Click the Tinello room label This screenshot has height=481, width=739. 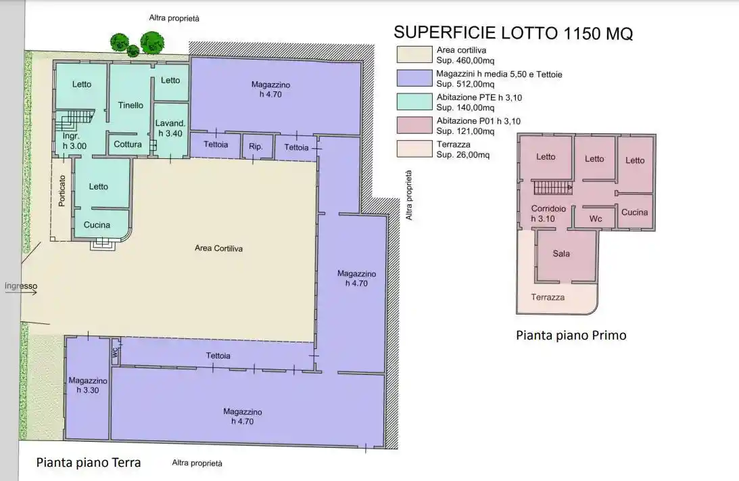(130, 105)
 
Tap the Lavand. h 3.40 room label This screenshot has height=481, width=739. (170, 129)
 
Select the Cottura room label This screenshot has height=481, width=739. (128, 144)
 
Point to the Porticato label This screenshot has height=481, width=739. (62, 191)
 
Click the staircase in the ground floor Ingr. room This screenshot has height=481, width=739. (74, 120)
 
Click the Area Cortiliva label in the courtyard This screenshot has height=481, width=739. (218, 248)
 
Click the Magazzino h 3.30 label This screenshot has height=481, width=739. (88, 385)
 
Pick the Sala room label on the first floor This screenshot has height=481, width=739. (561, 253)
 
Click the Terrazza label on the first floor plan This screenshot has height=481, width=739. (548, 297)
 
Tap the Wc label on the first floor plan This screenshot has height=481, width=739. (596, 219)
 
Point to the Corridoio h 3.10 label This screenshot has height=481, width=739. (548, 213)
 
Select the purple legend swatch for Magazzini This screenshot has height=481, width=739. (414, 78)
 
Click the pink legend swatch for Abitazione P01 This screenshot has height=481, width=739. (414, 125)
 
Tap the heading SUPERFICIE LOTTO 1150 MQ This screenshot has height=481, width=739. (513, 32)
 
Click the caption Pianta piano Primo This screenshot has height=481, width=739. (571, 336)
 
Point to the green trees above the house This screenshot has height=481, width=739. (137, 43)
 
